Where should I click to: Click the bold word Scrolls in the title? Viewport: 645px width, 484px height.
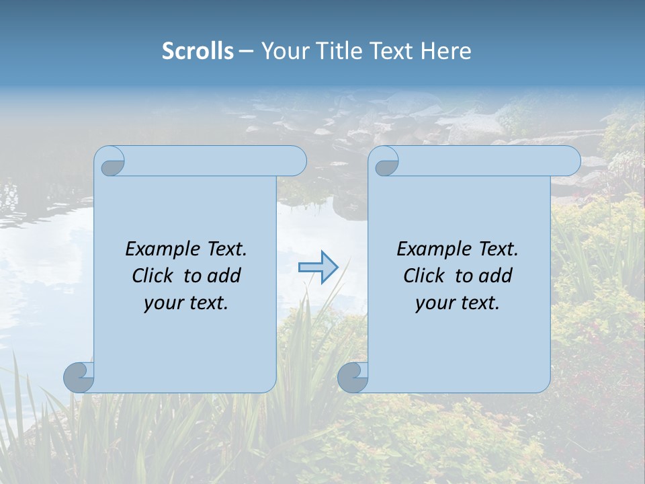point(198,51)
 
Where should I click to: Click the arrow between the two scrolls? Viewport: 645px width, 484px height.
point(318,267)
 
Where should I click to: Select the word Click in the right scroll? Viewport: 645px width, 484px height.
point(425,276)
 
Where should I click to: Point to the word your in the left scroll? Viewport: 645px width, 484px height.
point(162,302)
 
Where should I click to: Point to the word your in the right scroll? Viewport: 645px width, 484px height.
point(433,302)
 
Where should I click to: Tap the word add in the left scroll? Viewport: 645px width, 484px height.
point(224,276)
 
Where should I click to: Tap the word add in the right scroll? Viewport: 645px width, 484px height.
point(496,276)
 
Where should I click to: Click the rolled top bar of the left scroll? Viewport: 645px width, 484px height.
point(215,161)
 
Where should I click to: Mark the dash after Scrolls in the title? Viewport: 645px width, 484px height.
point(246,51)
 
